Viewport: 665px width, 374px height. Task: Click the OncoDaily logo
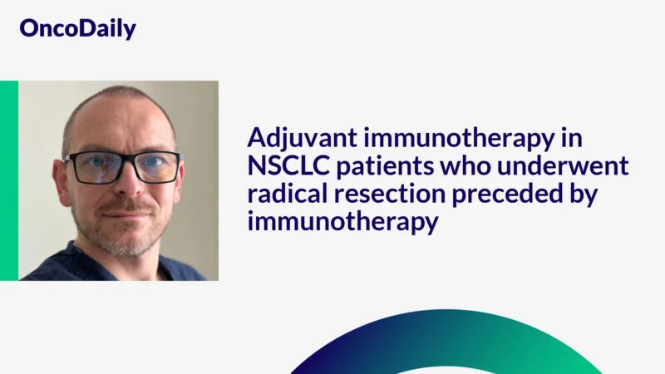click(77, 29)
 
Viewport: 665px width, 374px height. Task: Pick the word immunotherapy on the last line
click(342, 224)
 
